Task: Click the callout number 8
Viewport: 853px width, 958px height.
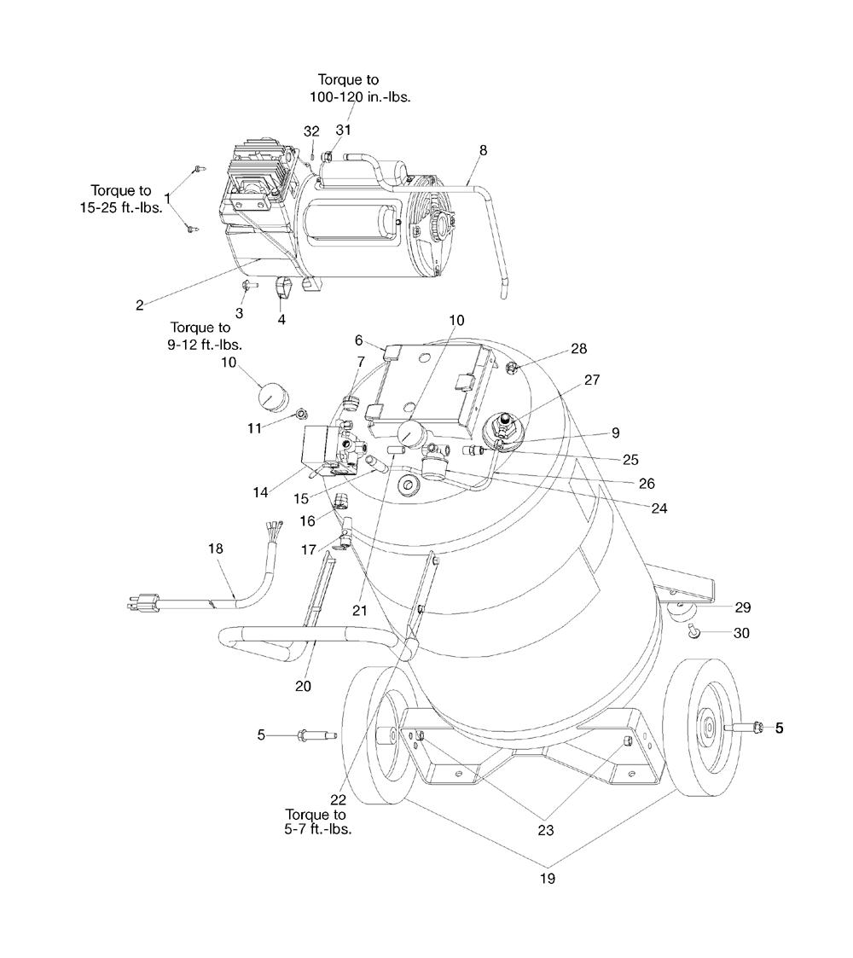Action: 484,150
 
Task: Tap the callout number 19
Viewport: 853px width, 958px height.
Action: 548,879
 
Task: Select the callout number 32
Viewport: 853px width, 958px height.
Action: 311,131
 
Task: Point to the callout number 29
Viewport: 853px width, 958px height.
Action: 742,607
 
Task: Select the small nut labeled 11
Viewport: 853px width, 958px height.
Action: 301,415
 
